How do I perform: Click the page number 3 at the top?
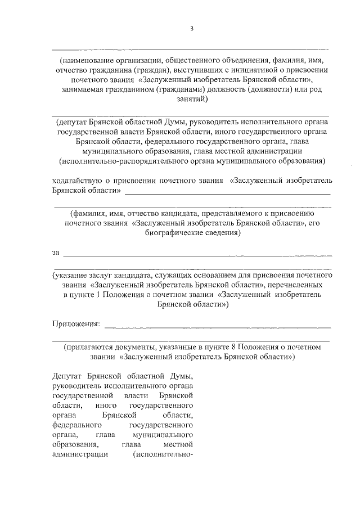[191, 29]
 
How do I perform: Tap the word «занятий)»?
[191, 100]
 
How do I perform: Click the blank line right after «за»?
[197, 254]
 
